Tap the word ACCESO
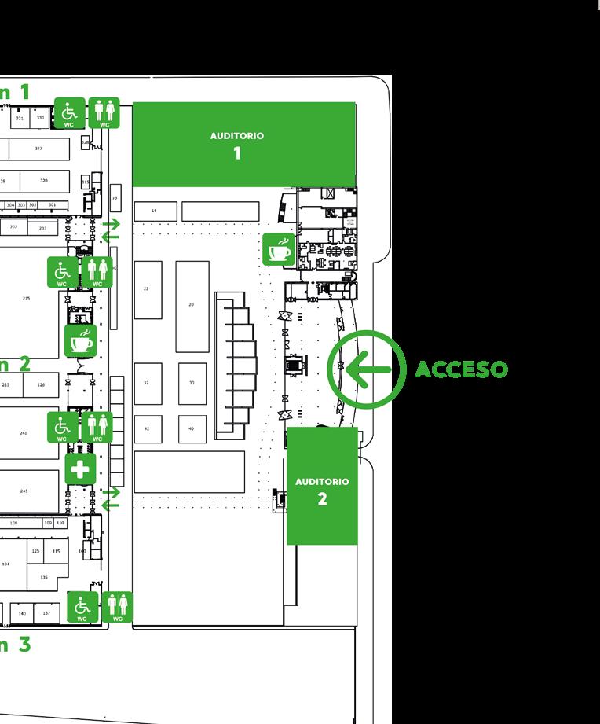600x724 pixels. point(461,369)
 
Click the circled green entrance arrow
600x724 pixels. point(366,369)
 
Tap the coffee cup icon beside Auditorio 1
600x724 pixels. point(279,249)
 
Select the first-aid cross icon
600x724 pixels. point(80,470)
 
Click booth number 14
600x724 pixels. point(155,211)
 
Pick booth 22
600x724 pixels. point(147,289)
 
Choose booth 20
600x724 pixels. point(192,305)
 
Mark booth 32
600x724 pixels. point(147,383)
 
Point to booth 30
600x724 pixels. point(192,383)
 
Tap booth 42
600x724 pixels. point(147,429)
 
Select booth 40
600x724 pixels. point(192,429)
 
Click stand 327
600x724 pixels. point(38,149)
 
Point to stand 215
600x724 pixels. point(26,298)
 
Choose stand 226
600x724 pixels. point(42,385)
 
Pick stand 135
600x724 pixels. point(44,578)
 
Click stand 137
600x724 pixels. point(46,613)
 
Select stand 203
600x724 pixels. point(42,228)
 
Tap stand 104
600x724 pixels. point(6,564)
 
